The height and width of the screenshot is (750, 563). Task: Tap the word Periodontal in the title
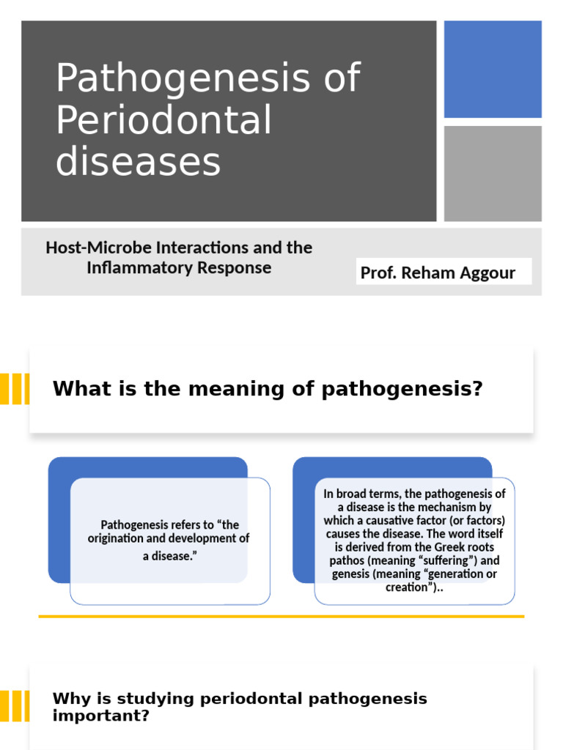pos(163,120)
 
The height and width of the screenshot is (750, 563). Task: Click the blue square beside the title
pos(493,69)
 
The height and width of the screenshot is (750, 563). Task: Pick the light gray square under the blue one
pos(493,174)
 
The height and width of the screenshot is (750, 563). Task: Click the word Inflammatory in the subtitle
pos(133,268)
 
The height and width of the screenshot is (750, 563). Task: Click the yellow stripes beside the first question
pos(15,389)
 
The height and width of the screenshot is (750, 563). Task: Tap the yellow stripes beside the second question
pos(15,706)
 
